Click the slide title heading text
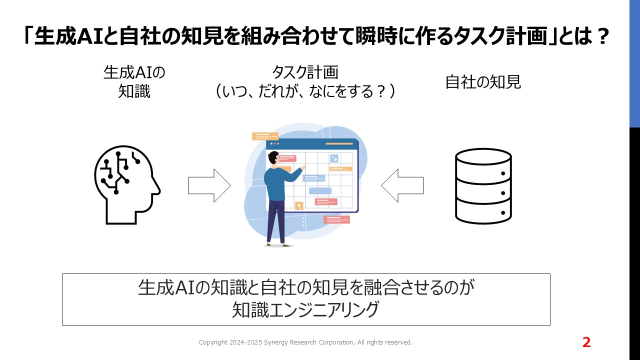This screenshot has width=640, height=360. coord(317,36)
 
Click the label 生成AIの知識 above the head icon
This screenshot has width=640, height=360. coord(134,82)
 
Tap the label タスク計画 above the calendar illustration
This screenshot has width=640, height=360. coord(305,72)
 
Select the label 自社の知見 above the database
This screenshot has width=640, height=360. coord(483,82)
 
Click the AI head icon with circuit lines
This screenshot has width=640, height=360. coord(127,185)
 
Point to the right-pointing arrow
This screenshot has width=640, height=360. coord(209,185)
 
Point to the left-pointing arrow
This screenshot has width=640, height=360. coord(402,185)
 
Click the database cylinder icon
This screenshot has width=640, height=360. coord(483,186)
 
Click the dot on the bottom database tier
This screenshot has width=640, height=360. coord(503,212)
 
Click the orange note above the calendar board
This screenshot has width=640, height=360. coord(265,136)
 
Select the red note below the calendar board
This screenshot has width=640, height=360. coord(336,219)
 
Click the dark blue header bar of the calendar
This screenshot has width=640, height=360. coord(312,143)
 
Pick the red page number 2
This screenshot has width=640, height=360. coord(586,342)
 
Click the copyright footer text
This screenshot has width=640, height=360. coord(305,342)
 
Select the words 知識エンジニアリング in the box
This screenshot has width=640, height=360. coord(305,309)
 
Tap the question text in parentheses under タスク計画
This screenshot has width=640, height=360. coord(305,91)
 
